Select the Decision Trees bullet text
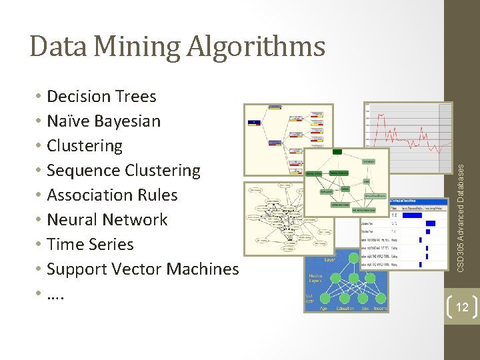pos(101,97)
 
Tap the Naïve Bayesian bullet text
pos(104,121)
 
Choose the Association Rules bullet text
pos(113,195)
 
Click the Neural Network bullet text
pos(107,220)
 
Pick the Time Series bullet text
pos(91,245)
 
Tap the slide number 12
pos(461,307)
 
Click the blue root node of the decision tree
pos(254,122)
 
